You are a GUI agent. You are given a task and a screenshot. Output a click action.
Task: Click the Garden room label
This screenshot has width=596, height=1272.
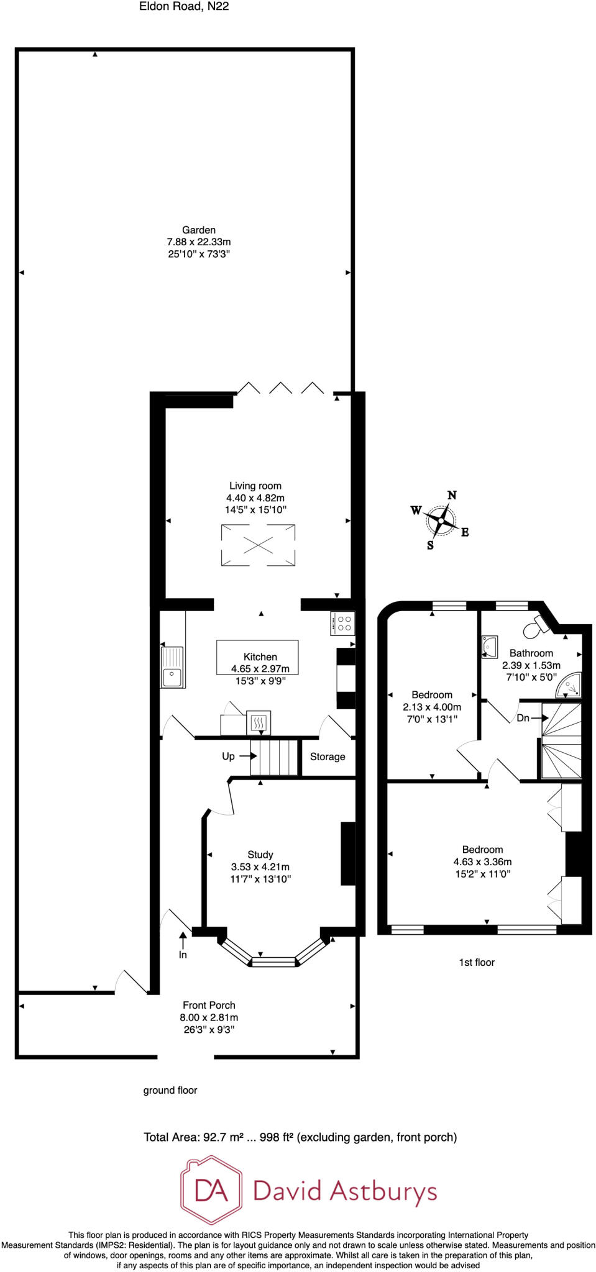[x=199, y=230]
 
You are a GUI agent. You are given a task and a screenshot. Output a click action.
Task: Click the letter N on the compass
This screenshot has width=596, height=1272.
[x=452, y=495]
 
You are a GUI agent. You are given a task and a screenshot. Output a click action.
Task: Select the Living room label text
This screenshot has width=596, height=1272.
[x=255, y=486]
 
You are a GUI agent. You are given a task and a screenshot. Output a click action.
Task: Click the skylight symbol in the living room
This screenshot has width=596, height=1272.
[x=258, y=545]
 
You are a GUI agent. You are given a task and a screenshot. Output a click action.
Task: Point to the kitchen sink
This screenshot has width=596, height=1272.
[x=172, y=667]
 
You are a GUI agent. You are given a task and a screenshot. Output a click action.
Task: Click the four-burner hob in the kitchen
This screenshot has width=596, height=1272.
[x=343, y=624]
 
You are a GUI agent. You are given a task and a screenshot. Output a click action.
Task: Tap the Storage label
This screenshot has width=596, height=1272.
[x=328, y=756]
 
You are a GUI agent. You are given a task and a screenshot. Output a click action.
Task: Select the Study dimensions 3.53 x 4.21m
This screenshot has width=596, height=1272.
[x=260, y=867]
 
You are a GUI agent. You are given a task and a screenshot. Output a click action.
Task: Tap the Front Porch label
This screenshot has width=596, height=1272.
[x=209, y=1005]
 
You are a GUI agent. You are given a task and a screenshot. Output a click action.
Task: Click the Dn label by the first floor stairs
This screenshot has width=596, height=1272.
[x=523, y=718]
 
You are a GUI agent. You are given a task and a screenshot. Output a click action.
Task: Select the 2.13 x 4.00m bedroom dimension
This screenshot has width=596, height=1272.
[x=432, y=707]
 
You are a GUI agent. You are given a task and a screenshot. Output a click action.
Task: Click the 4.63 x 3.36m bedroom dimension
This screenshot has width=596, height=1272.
[x=482, y=861]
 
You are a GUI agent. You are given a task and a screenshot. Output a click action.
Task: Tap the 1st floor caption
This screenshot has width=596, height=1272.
[x=477, y=962]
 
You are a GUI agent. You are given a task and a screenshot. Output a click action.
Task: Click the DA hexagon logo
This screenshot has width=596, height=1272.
[x=211, y=1191]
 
